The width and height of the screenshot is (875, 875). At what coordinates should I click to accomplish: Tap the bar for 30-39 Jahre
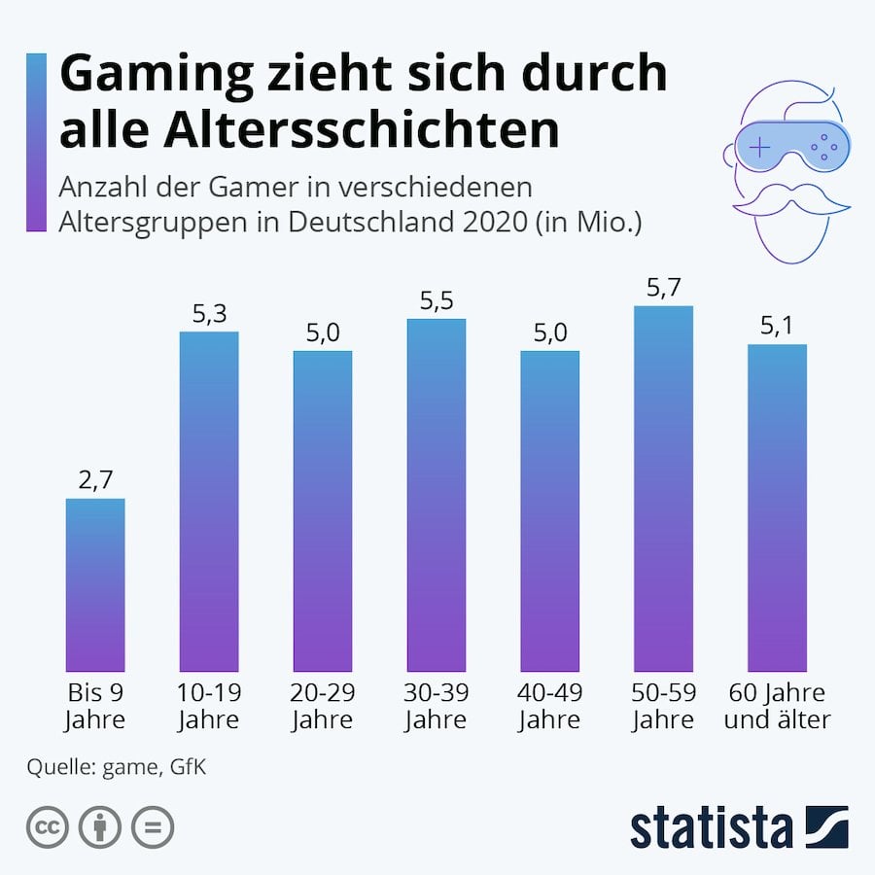click(x=437, y=495)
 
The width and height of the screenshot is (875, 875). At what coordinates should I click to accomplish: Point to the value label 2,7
click(x=95, y=481)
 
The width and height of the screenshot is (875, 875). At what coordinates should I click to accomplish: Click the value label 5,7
click(x=663, y=289)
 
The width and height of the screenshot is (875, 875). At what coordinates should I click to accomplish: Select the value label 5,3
click(x=209, y=314)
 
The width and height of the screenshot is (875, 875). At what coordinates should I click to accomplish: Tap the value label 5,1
click(x=777, y=327)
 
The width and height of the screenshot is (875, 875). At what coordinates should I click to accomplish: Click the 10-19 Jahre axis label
click(x=209, y=707)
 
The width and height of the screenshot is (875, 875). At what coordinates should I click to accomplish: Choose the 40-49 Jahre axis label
click(x=549, y=707)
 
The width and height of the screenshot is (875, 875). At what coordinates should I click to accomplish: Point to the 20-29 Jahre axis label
click(x=323, y=707)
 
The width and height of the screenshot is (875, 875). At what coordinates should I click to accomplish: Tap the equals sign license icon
click(x=152, y=828)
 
